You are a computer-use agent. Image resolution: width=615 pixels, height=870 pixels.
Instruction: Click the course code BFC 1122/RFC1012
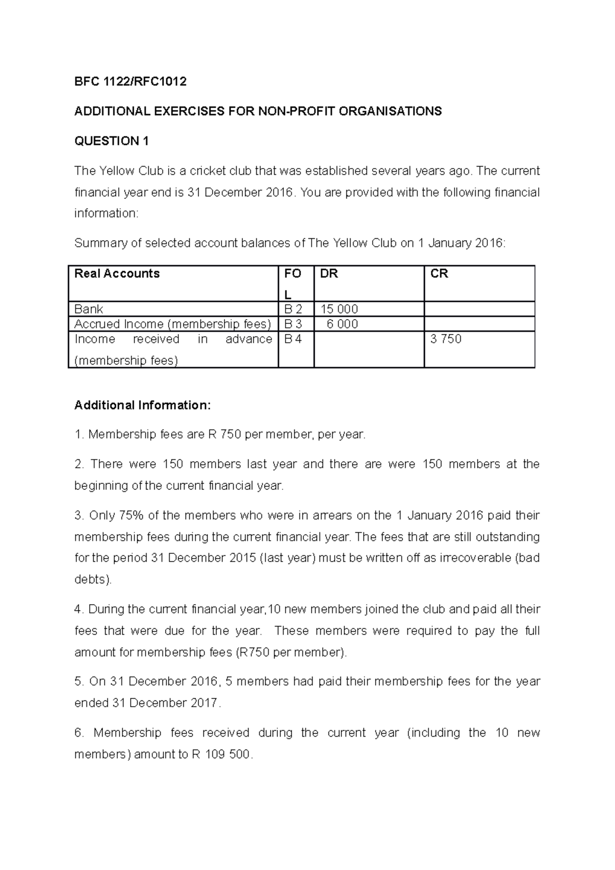tap(130, 81)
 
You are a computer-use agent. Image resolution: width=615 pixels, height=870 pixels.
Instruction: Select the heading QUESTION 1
tap(111, 141)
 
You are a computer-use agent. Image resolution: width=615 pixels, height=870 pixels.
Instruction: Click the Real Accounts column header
tap(117, 274)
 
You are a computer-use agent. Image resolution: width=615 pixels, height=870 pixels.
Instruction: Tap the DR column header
tap(329, 274)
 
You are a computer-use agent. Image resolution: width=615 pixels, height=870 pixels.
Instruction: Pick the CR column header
tap(439, 274)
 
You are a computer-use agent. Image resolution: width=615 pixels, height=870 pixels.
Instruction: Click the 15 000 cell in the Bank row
tap(339, 309)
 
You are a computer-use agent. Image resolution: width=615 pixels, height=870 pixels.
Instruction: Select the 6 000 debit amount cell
tap(342, 324)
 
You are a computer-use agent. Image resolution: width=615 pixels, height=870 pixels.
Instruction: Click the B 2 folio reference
tap(293, 309)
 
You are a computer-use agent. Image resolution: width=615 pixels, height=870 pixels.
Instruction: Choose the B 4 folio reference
tap(293, 339)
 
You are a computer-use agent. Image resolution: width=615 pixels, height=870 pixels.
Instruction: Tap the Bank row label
tap(89, 309)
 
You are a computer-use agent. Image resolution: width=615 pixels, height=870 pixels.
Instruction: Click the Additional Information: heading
tap(142, 405)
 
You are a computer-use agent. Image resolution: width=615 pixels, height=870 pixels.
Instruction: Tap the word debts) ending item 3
tap(93, 579)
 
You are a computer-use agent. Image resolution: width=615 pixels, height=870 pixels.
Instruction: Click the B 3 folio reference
tap(293, 324)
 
